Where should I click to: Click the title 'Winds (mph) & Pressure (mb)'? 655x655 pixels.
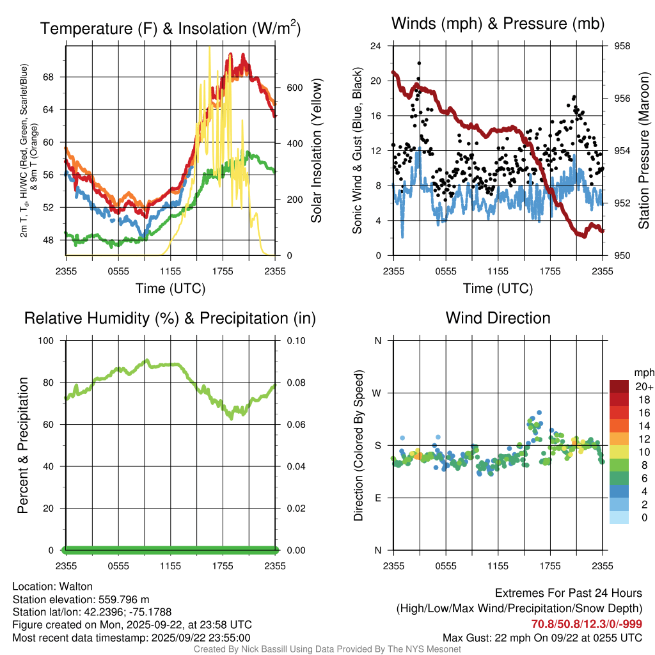click(498, 24)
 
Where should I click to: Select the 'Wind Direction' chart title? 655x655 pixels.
click(498, 318)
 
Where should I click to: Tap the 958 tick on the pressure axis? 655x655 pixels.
click(622, 46)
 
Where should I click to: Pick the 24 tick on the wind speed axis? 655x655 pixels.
click(375, 46)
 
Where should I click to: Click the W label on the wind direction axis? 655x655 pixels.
click(377, 393)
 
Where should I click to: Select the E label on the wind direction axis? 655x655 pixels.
click(377, 498)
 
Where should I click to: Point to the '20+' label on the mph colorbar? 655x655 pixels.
click(643, 386)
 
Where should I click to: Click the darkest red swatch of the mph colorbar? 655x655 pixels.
click(619, 386)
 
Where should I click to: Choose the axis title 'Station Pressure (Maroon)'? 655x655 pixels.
click(644, 151)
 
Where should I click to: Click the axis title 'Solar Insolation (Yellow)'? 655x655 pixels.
click(317, 151)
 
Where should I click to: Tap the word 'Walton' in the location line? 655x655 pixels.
click(76, 586)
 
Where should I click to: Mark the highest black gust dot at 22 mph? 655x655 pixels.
click(419, 63)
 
